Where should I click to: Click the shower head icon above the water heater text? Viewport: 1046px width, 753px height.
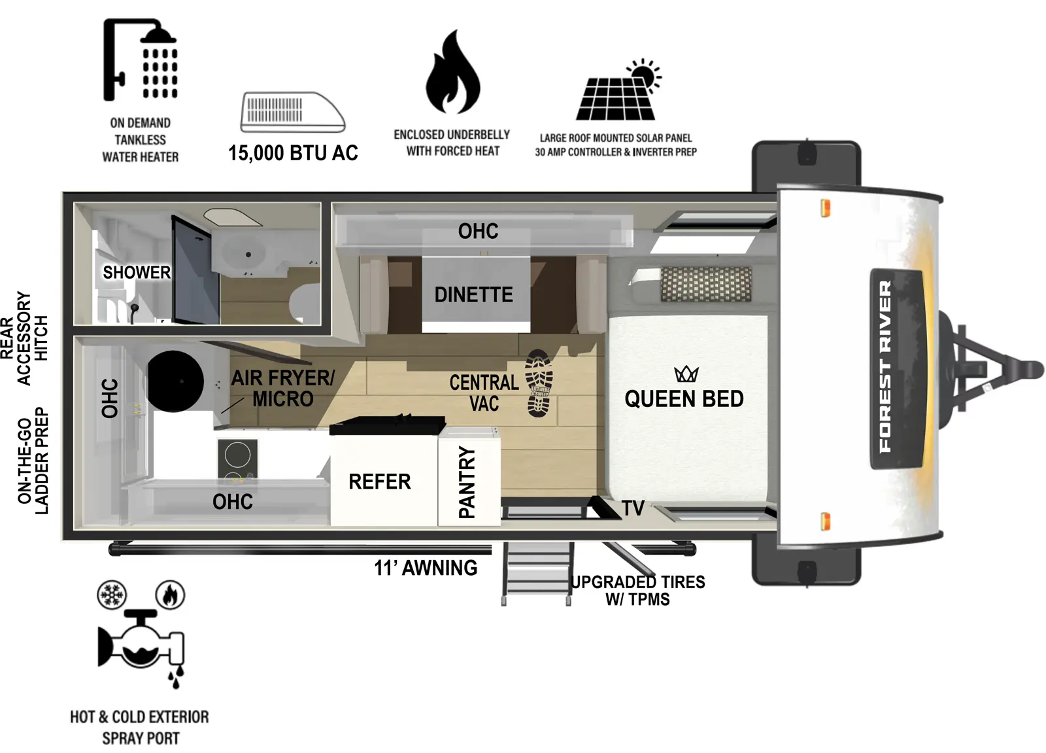click(x=141, y=60)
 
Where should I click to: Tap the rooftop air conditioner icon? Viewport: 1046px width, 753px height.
click(x=292, y=112)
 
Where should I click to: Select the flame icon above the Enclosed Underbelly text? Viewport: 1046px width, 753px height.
click(x=452, y=73)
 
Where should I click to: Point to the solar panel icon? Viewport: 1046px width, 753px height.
click(x=618, y=92)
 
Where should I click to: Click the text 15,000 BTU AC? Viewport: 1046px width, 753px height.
click(x=293, y=153)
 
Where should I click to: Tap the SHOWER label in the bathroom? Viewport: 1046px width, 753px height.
click(x=137, y=272)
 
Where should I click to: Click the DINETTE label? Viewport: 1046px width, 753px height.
click(x=473, y=295)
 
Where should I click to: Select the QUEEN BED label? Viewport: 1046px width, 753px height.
click(x=684, y=399)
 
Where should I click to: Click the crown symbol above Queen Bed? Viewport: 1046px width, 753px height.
click(x=686, y=374)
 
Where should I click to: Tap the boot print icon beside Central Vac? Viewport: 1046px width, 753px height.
click(x=539, y=383)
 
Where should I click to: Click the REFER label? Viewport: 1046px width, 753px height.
click(x=379, y=482)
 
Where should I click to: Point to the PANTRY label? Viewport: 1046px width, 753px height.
click(x=467, y=483)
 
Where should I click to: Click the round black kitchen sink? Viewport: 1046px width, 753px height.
click(x=175, y=381)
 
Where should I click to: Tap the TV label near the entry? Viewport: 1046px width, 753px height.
click(x=632, y=508)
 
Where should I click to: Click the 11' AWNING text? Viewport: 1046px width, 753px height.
click(x=426, y=568)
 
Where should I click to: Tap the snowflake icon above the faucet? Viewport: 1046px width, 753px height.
click(x=112, y=595)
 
